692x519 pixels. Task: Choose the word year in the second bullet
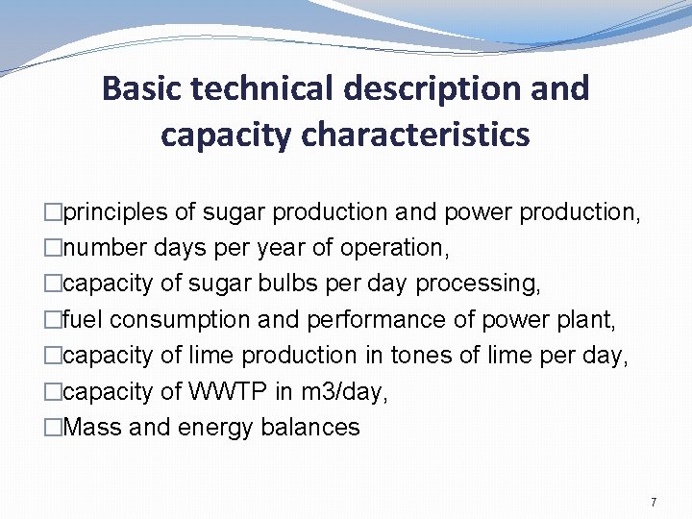pos(284,248)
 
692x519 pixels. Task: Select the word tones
pos(421,356)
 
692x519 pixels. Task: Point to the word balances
pos(309,428)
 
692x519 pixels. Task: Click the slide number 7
pos(654,503)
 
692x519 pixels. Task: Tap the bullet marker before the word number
pos(53,248)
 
